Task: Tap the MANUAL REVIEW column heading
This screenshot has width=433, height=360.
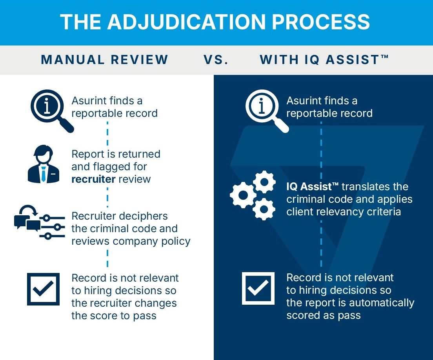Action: (x=105, y=60)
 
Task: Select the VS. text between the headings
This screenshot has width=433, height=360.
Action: (x=216, y=60)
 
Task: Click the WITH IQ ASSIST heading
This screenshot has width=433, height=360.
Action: (x=324, y=60)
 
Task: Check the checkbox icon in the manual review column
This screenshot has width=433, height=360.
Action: (x=43, y=289)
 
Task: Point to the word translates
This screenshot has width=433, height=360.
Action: (x=368, y=187)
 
